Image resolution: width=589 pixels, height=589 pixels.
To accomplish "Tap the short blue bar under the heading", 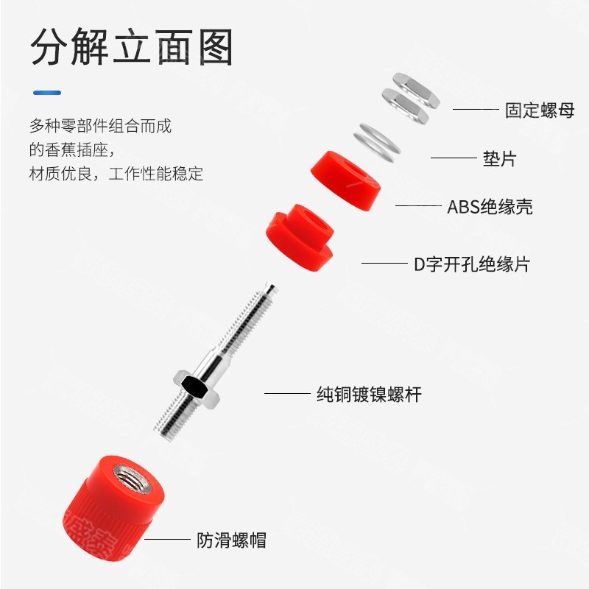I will pos(46,93).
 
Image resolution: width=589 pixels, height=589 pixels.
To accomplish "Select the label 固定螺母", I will pos(539,110).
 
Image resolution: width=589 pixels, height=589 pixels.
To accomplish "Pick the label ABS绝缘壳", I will pos(490,207).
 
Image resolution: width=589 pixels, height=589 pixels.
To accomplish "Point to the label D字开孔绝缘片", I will pos(472,264).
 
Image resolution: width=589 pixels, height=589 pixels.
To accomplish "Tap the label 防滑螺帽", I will pos(231,540).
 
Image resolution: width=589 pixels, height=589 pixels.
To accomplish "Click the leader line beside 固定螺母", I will pos(475,110).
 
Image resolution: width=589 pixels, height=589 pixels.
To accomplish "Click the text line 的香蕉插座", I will pos(73,150).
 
